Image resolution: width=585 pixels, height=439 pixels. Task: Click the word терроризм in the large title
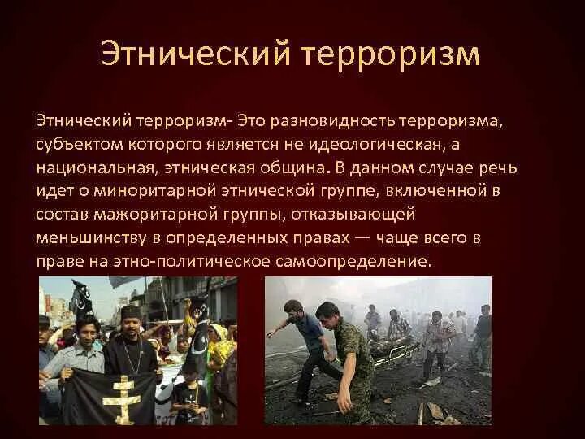pyautogui.click(x=392, y=54)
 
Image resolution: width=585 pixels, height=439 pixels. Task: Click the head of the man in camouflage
pyautogui.click(x=327, y=311)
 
